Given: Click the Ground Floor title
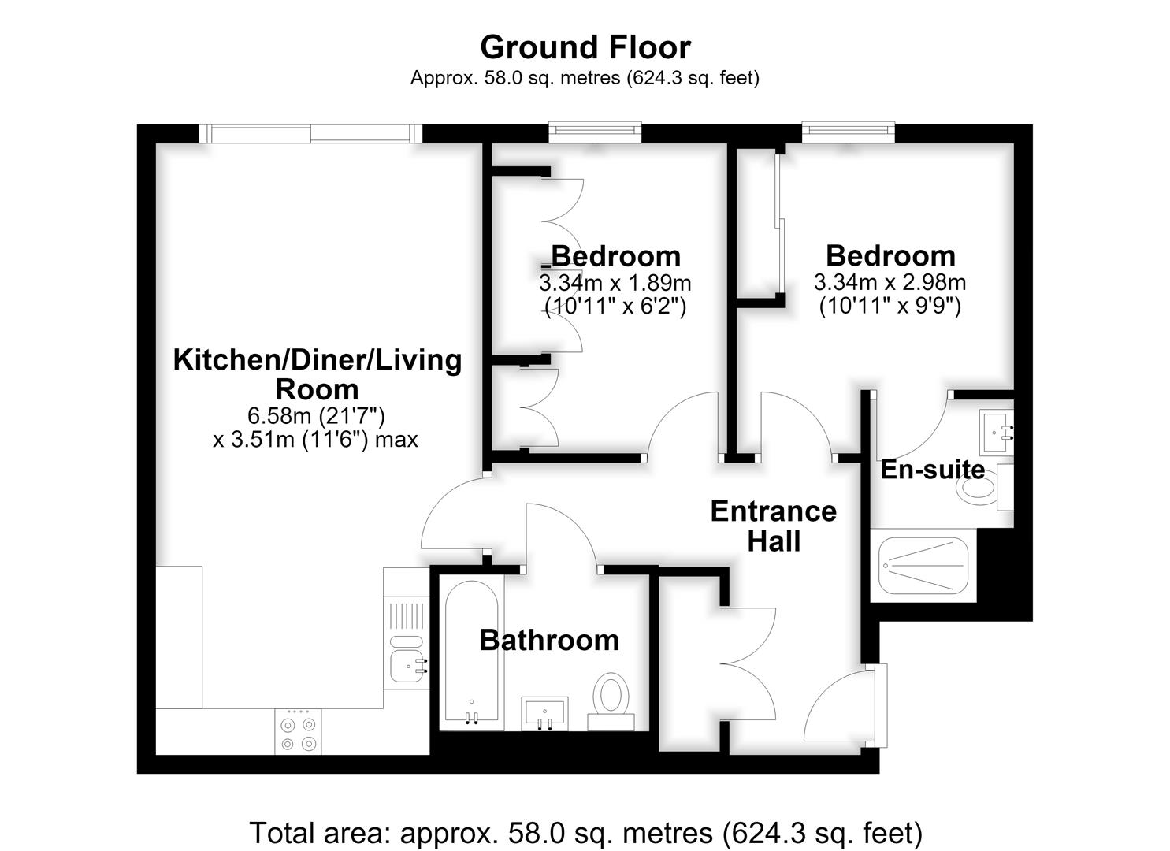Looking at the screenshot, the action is tap(585, 47).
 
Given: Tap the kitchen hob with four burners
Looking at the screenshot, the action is tap(298, 731).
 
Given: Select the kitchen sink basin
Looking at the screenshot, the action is tap(407, 667).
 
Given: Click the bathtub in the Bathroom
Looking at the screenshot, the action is tap(471, 652).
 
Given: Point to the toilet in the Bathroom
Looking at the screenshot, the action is tap(611, 700).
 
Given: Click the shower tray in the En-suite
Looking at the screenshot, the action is tap(923, 566).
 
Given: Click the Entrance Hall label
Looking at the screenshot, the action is tap(774, 526).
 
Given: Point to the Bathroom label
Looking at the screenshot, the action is tap(549, 641).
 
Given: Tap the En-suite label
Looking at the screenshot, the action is tap(933, 469).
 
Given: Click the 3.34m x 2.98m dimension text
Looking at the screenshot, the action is tap(890, 283).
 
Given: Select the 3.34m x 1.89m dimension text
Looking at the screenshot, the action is tap(615, 284).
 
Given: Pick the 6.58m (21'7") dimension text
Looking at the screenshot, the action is tap(316, 416).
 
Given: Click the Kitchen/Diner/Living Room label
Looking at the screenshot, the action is tap(318, 374).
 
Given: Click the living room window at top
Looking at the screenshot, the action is tap(310, 134).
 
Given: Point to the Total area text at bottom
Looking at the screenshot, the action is tap(586, 833).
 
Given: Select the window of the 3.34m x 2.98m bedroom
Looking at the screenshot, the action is tap(849, 132).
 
